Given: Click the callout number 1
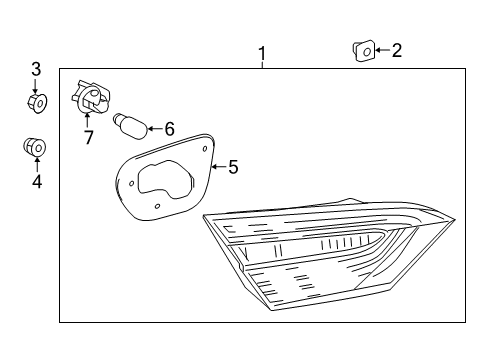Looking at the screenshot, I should click(262, 52).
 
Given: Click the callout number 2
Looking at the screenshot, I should click(396, 50).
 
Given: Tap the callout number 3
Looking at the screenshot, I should click(36, 69).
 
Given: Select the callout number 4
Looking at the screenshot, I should click(37, 181).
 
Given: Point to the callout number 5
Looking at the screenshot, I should click(233, 167).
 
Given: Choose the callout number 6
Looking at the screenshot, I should click(169, 128).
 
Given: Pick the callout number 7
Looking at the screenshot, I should click(88, 138).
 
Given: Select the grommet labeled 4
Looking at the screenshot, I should click(36, 148).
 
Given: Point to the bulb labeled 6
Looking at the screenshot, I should click(131, 125).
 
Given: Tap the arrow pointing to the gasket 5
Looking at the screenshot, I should click(218, 165).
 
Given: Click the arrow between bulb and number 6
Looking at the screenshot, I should click(154, 127).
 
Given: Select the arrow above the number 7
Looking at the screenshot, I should click(87, 120).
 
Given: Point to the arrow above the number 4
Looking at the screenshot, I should click(37, 164).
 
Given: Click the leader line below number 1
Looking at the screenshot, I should click(262, 64).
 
